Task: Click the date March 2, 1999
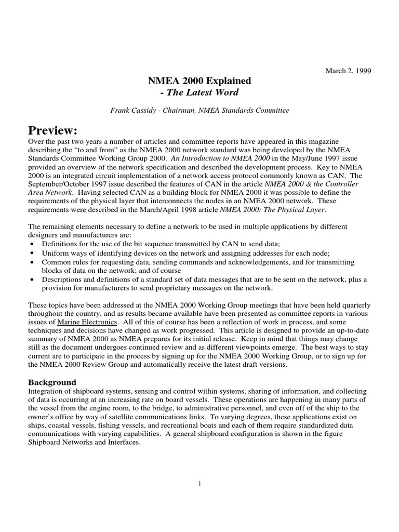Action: click(349, 71)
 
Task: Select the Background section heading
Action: click(52, 382)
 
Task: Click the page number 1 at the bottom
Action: click(199, 484)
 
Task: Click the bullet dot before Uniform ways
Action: click(33, 254)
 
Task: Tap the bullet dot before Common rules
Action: click(33, 262)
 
